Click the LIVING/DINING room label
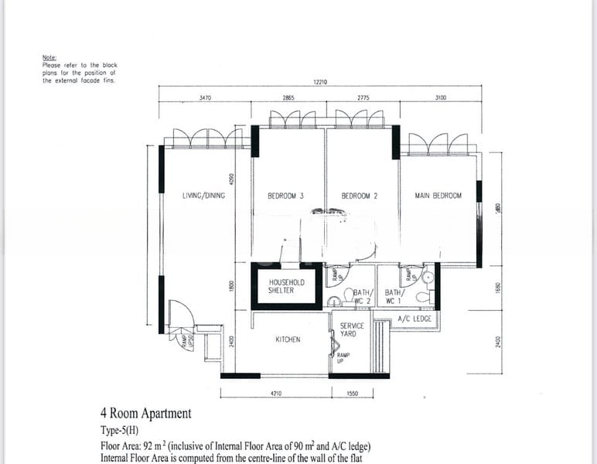coord(203,196)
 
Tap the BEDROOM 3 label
coord(285,196)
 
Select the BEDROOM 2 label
coord(359,196)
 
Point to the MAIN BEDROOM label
coord(438,196)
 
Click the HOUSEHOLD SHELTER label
coord(286,286)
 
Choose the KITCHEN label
coord(288,339)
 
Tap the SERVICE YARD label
coord(352,330)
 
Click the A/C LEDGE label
coord(414,319)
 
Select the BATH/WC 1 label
coord(394,296)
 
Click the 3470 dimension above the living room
coord(204,98)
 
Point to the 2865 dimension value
coord(288,98)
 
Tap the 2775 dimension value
coord(363,98)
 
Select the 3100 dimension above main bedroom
coord(441,98)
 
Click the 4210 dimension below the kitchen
coord(276,393)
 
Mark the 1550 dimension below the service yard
coord(353,393)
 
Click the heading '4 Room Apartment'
coord(145,414)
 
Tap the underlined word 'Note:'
coord(49,58)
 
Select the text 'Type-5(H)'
coord(124,430)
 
